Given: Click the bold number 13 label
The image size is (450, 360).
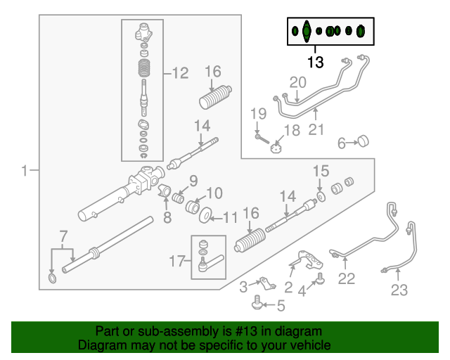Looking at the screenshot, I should (315, 62).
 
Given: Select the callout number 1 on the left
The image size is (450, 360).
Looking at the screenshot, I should (25, 171).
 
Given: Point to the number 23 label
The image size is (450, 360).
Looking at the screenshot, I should (399, 289).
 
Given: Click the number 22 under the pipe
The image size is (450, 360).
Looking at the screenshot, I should (347, 278).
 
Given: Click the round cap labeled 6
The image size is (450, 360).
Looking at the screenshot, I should (364, 141).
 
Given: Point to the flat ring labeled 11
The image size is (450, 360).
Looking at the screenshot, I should (207, 214).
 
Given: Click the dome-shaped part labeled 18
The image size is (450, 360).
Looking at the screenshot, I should (276, 148).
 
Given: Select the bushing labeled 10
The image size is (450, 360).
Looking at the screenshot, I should (191, 202).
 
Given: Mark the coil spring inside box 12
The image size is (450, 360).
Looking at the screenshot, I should (145, 72).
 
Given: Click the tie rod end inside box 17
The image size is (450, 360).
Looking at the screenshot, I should (211, 263).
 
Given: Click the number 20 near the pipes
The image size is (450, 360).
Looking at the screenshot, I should (298, 83).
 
